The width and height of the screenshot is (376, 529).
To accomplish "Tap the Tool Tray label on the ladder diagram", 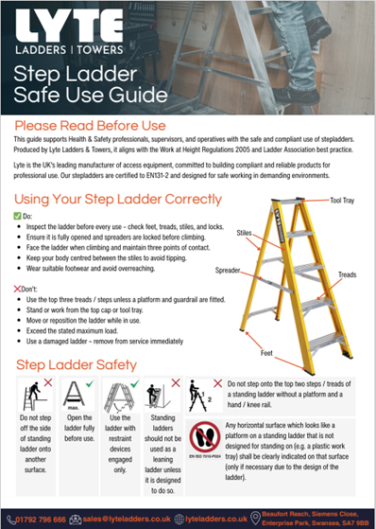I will point(341,174).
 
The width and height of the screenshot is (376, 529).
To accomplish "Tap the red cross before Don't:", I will point(17,288).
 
